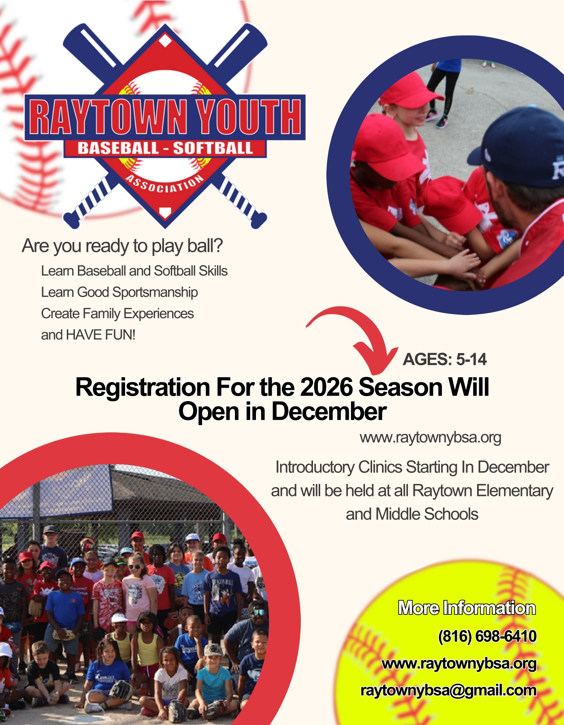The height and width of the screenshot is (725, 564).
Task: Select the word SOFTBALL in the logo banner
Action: click(x=213, y=148)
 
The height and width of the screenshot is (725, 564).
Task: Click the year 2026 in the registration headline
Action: click(x=326, y=387)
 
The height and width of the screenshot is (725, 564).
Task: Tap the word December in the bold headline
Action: click(x=329, y=412)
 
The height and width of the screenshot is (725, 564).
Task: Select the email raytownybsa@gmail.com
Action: click(x=448, y=690)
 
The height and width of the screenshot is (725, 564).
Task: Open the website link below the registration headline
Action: click(x=430, y=437)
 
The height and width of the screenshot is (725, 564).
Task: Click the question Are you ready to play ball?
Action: click(x=122, y=246)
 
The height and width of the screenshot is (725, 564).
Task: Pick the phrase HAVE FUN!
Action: click(x=100, y=335)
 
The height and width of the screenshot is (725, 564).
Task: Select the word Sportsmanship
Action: click(x=155, y=293)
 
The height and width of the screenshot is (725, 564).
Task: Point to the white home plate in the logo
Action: click(x=165, y=212)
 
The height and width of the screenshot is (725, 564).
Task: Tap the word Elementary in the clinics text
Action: click(x=515, y=491)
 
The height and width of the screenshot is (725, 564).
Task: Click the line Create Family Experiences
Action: click(x=117, y=314)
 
